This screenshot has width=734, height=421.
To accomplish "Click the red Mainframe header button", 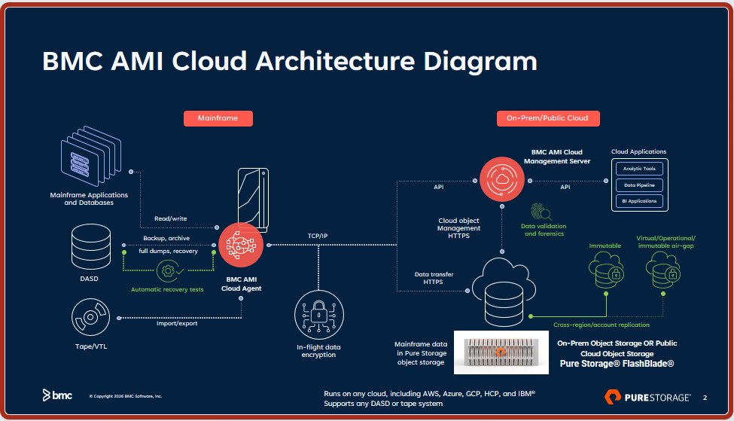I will tap(218, 118).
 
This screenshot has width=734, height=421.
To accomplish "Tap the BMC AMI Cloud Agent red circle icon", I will tap(240, 244).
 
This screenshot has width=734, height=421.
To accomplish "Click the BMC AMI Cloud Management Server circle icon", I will tap(501, 180).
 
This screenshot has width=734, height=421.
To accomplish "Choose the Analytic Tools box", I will tap(638, 169).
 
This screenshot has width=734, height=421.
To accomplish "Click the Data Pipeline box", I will tap(638, 185).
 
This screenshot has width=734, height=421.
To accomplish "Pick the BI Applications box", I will tap(638, 201).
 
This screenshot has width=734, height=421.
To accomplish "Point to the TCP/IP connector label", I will tap(318, 236).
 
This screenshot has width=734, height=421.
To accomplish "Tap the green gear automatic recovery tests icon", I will tap(169, 270).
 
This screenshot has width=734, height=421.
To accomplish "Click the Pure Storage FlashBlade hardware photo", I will tap(501, 352).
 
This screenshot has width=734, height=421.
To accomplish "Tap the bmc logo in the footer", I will tap(57, 395).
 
